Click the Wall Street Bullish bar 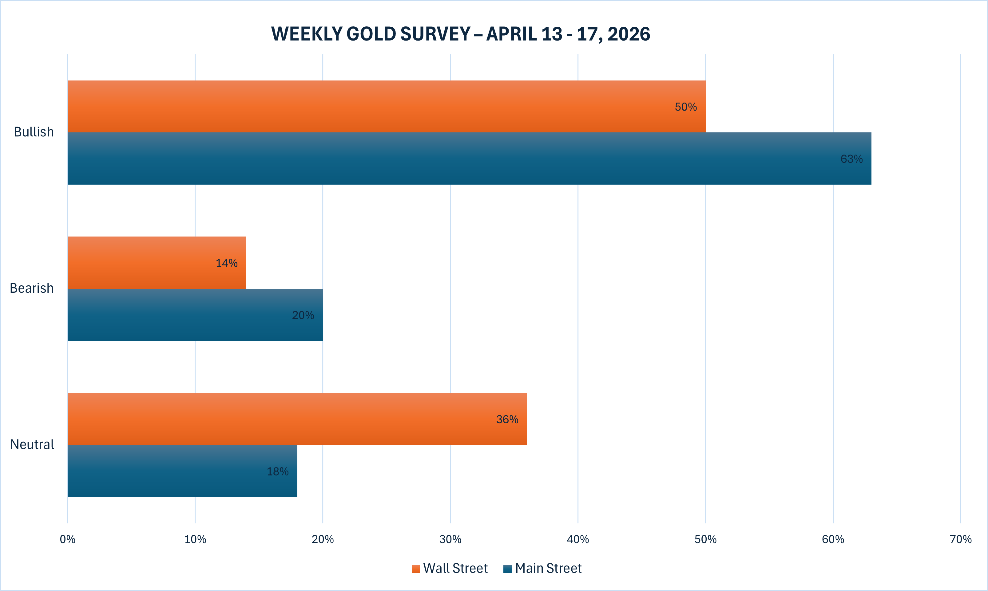pyautogui.click(x=387, y=106)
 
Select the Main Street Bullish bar pyautogui.click(x=470, y=159)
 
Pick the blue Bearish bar pyautogui.click(x=195, y=315)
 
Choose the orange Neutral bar pyautogui.click(x=297, y=419)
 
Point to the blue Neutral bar pyautogui.click(x=183, y=471)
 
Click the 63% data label pyautogui.click(x=851, y=159)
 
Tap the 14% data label pyautogui.click(x=226, y=263)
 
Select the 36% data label pyautogui.click(x=507, y=419)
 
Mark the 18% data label pyautogui.click(x=277, y=472)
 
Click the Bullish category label pyautogui.click(x=34, y=132)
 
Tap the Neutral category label pyautogui.click(x=32, y=444)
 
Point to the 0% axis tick pyautogui.click(x=68, y=539)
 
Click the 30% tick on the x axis pyautogui.click(x=450, y=539)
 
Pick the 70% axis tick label pyautogui.click(x=961, y=539)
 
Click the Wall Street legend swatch pyautogui.click(x=416, y=569)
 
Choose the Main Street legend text pyautogui.click(x=548, y=568)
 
